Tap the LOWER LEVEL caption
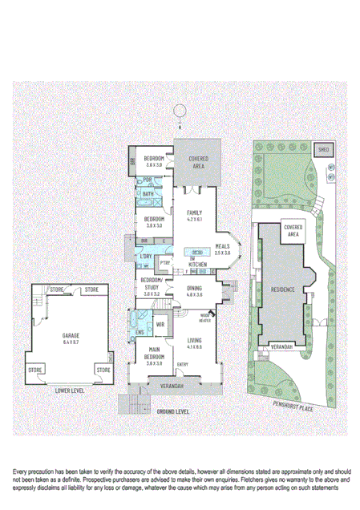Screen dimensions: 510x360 click(72, 391)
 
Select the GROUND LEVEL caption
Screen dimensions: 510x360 click(172, 411)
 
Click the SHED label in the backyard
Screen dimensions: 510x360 click(324, 149)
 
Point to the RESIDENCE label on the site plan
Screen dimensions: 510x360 click(283, 289)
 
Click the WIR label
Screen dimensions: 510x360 click(160, 324)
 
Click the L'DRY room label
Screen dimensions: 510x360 click(146, 257)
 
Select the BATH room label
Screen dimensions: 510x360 click(148, 194)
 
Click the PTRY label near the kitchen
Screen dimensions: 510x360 click(165, 262)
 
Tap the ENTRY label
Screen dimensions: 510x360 click(182, 365)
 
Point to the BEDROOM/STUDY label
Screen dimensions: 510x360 click(152, 282)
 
